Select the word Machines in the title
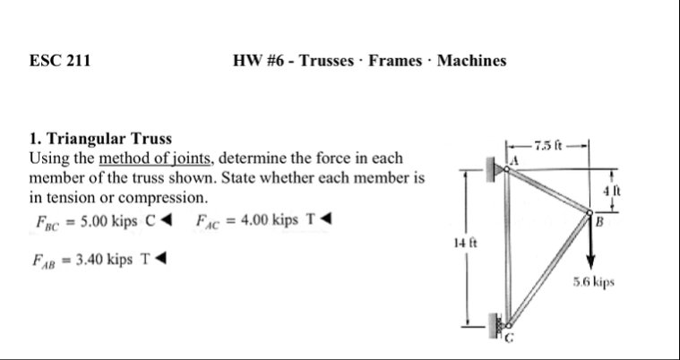coord(471,62)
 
